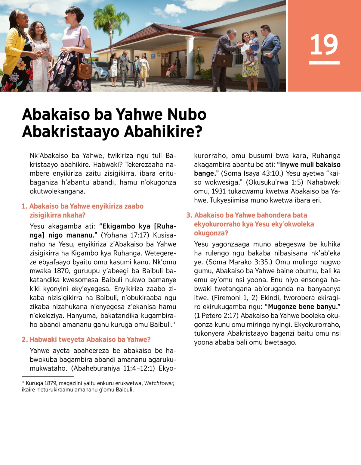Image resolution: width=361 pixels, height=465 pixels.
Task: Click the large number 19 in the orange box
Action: (x=324, y=45)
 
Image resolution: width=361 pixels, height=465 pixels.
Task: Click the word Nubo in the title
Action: (x=187, y=115)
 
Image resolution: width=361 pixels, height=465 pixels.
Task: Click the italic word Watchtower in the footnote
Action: (x=159, y=383)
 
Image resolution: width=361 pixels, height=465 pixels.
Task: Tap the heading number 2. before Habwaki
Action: (x=25, y=339)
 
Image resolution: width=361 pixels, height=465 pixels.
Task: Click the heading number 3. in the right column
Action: (x=189, y=215)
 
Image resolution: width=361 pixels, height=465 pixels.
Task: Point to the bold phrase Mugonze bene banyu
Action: (x=302, y=306)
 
